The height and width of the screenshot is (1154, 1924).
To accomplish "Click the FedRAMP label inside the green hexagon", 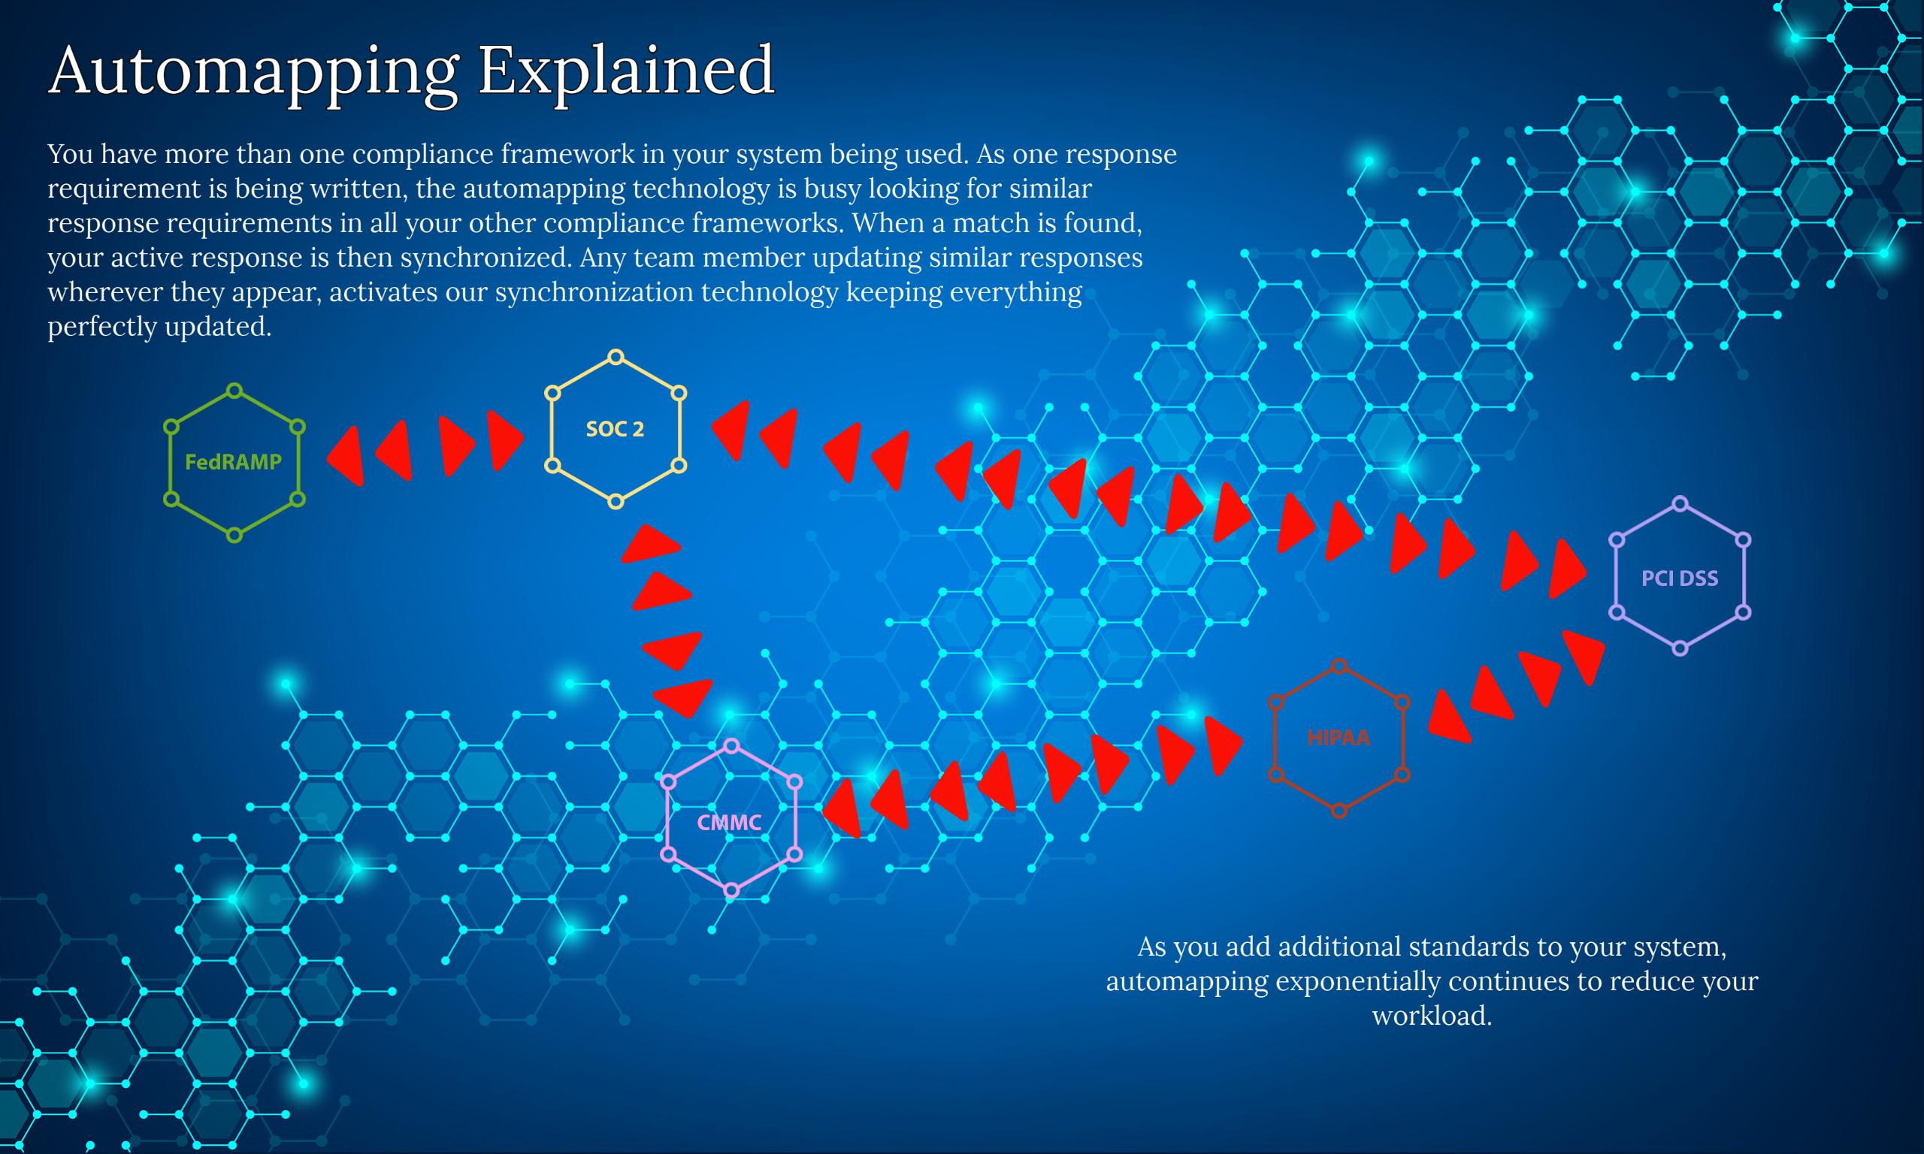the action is tap(233, 462).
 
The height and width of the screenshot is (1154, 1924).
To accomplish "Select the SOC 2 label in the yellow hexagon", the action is tap(615, 428).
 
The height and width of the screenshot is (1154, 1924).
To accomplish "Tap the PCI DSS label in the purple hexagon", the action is tap(1680, 578).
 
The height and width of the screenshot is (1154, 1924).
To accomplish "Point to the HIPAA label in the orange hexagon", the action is tap(1339, 737).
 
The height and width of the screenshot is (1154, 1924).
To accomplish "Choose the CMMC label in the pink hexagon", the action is tap(730, 822).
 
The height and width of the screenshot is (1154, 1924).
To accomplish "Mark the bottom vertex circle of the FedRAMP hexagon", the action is tap(234, 534).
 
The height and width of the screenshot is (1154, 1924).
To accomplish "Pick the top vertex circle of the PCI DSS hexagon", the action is tap(1680, 504).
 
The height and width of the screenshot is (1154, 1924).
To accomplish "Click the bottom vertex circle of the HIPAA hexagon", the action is tap(1339, 811).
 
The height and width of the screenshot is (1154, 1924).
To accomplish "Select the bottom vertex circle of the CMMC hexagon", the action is tap(732, 890).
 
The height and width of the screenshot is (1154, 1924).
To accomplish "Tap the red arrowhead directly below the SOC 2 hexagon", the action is tap(652, 543).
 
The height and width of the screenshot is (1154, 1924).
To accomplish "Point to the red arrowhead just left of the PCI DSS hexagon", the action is tap(1566, 569).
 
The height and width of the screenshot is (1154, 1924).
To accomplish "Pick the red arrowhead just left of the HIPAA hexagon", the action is tap(1223, 745).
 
